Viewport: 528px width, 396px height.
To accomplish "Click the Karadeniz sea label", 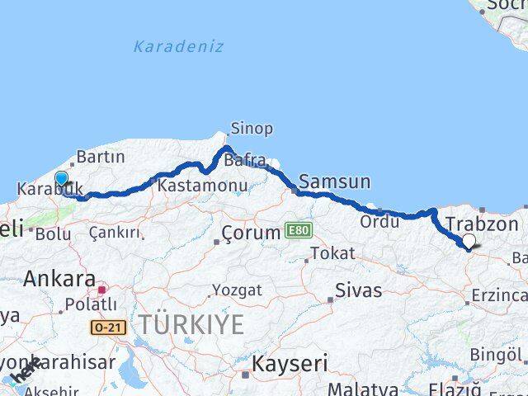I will click(x=178, y=46).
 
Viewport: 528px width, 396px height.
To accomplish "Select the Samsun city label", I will click(x=335, y=181).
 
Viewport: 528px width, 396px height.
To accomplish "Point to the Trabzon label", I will click(x=482, y=224).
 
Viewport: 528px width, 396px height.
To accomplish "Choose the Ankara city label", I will click(x=59, y=278).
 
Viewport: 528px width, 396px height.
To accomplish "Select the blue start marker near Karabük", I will click(x=61, y=178).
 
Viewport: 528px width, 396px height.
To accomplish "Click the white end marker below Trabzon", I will click(x=469, y=241).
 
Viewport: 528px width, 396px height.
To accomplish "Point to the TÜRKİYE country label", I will click(x=191, y=325).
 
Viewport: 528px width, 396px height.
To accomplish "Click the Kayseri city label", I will click(x=290, y=363).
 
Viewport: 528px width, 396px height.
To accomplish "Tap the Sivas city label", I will click(x=359, y=290).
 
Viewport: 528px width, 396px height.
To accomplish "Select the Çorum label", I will click(x=251, y=233).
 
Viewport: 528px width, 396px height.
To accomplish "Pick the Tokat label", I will click(x=333, y=253).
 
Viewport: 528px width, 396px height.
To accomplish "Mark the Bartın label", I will click(x=100, y=157).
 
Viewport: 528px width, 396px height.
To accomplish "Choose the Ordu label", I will click(x=378, y=222).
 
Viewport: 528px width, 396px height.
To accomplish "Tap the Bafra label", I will click(x=248, y=159).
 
